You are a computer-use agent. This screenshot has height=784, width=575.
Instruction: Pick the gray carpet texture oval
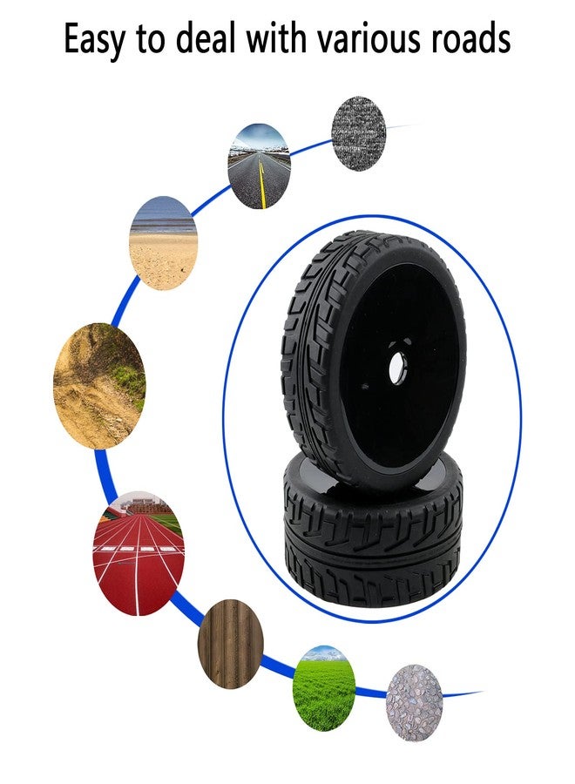click(x=358, y=133)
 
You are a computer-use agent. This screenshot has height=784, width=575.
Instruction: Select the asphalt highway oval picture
click(x=259, y=166)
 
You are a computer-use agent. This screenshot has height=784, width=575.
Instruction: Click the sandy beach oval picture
click(x=164, y=244)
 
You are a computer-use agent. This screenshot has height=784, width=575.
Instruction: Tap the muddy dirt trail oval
click(x=99, y=386)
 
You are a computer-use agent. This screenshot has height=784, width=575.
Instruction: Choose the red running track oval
click(x=139, y=553)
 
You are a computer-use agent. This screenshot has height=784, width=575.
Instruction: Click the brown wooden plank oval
click(x=231, y=645)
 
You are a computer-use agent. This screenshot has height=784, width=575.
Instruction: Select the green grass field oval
click(x=324, y=688)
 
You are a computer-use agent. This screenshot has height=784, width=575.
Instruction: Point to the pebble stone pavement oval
click(x=414, y=703)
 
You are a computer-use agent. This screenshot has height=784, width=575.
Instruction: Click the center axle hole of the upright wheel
click(x=400, y=368)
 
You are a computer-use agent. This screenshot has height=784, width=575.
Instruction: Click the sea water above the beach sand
click(x=164, y=221)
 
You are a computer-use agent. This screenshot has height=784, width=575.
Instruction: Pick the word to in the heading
click(x=151, y=39)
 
